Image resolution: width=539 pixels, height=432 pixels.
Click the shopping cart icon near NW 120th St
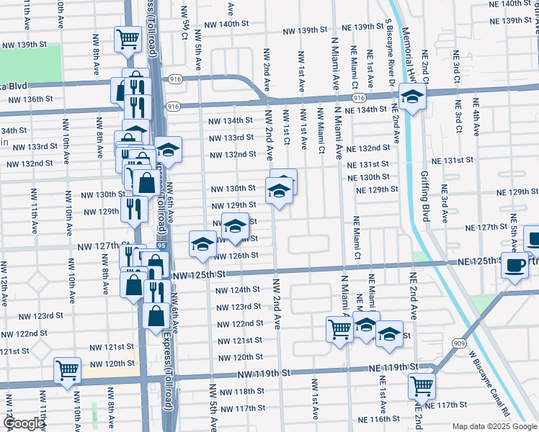coord(67,370)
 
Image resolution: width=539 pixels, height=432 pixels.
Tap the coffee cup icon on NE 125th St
coord(515,264)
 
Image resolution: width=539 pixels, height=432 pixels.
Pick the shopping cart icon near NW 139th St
coord(128,38)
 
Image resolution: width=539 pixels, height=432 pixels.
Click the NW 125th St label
coord(200,275)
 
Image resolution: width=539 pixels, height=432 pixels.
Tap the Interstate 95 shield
coord(159,246)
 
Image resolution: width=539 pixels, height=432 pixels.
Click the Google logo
coord(23,424)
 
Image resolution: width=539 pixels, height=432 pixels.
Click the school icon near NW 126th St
coord(202,243)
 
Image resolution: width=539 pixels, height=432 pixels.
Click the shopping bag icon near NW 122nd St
coord(156,315)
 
